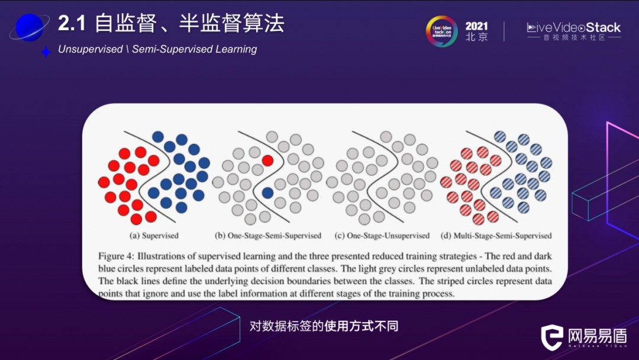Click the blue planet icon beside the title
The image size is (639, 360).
(30, 27)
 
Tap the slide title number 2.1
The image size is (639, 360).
(72, 23)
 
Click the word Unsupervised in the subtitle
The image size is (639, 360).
(90, 49)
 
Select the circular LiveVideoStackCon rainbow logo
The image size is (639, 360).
(442, 31)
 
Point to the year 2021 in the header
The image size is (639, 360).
(476, 26)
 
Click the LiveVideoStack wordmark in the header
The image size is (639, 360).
(573, 28)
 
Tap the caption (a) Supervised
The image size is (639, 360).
(154, 236)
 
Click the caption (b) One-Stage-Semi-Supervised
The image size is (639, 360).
(268, 236)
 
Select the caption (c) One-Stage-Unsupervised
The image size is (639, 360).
(382, 236)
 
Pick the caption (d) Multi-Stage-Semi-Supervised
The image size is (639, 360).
(496, 236)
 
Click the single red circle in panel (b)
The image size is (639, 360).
(268, 160)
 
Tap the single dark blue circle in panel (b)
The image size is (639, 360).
(268, 193)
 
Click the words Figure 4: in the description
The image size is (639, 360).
(116, 256)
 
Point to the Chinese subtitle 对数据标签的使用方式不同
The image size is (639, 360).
(324, 326)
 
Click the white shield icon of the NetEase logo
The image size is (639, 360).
(552, 337)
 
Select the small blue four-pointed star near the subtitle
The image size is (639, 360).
(46, 52)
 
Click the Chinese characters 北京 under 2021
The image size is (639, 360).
(476, 37)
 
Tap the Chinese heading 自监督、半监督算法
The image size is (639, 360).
(189, 23)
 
